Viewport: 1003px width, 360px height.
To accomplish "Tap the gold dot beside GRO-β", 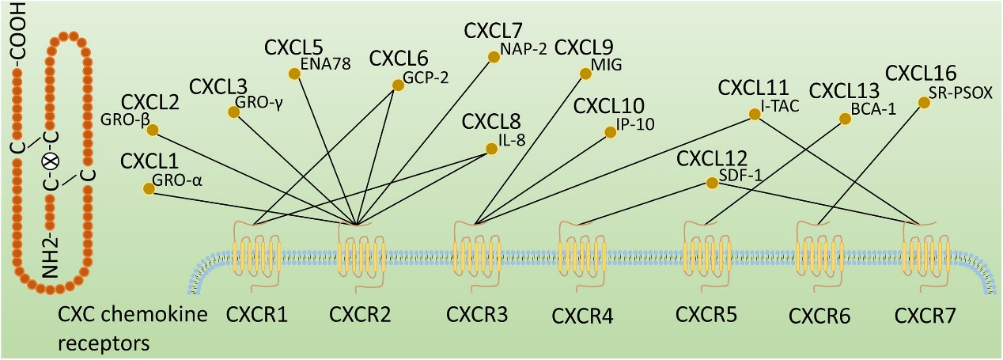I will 153,131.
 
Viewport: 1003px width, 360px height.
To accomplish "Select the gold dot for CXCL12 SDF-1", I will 712,183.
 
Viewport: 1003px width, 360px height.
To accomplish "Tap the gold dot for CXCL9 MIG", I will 585,74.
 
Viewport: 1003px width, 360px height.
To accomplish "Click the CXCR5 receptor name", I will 706,315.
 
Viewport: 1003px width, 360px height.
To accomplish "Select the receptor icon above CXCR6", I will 818,250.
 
